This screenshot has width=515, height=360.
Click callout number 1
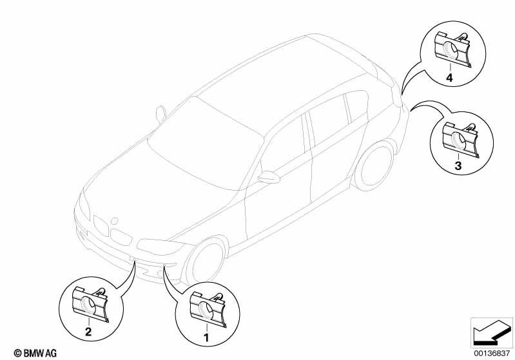(206, 337)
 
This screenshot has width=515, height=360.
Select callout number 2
(88, 332)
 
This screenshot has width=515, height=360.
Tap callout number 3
(458, 166)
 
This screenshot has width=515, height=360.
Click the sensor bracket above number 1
(208, 310)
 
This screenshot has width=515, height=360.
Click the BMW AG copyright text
(35, 353)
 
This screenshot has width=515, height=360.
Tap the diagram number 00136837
(491, 353)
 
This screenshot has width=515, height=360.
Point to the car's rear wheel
(374, 166)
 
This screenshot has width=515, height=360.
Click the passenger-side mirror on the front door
(269, 177)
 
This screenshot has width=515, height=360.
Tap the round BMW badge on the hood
(114, 221)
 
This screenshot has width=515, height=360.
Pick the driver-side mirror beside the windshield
(161, 115)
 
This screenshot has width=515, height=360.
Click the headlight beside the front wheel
(159, 247)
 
